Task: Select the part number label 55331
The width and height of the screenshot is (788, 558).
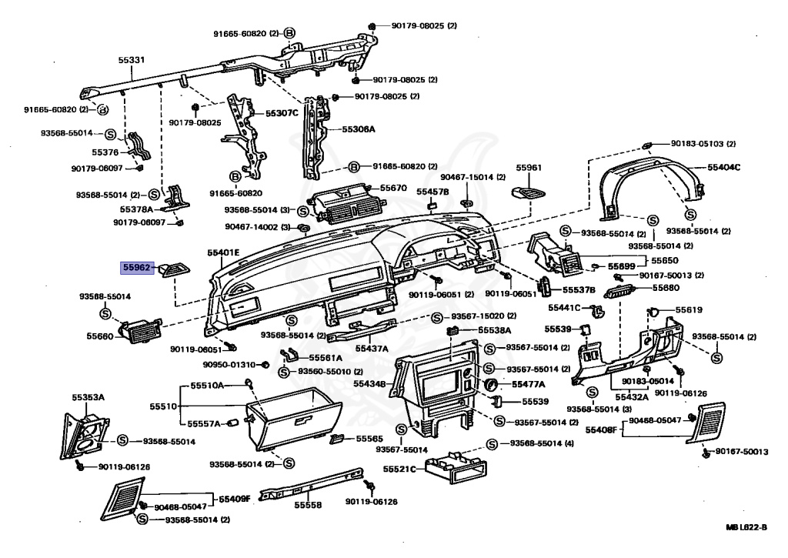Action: pos(132,58)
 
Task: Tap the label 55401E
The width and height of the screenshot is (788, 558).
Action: pos(223,252)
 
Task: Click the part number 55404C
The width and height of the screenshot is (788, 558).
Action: pos(724,167)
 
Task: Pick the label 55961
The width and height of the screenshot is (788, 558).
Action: pos(529,168)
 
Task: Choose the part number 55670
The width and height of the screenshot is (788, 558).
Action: pos(393,188)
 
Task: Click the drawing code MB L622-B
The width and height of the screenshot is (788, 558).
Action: pos(746,527)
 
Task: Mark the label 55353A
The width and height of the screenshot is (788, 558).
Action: pos(88,397)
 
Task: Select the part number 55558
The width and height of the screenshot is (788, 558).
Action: pos(308,505)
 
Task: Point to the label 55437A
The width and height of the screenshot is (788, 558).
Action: pos(371,348)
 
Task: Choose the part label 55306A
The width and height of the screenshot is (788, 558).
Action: pos(359,129)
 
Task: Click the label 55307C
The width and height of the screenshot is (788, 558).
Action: pos(282,112)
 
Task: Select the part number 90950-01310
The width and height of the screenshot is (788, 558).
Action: pos(230,364)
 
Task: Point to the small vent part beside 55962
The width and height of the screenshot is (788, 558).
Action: pos(174,268)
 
